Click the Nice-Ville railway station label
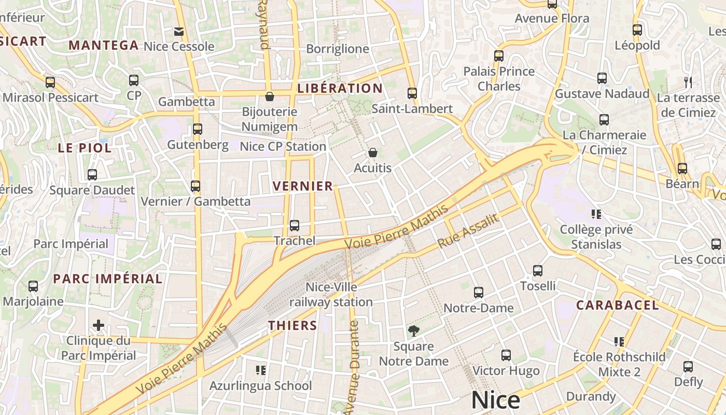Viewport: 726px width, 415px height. pyautogui.click(x=331, y=294)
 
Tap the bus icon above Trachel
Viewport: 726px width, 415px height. pyautogui.click(x=295, y=225)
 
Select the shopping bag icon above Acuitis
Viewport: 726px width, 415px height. pyautogui.click(x=372, y=153)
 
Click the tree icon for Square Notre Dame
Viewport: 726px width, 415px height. pyautogui.click(x=413, y=330)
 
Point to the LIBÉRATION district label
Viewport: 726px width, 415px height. pyautogui.click(x=340, y=88)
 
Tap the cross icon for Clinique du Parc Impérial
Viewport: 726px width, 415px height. pyautogui.click(x=99, y=325)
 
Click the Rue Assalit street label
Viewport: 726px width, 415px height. pyautogui.click(x=468, y=230)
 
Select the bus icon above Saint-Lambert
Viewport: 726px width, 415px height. pyautogui.click(x=412, y=93)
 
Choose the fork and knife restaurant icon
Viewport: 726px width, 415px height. pyautogui.click(x=688, y=82)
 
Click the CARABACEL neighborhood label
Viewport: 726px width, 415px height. pyautogui.click(x=617, y=305)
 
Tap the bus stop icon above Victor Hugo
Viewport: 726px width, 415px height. pyautogui.click(x=506, y=355)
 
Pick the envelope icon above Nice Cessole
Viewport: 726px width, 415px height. pyautogui.click(x=179, y=31)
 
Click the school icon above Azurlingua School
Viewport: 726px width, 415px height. pyautogui.click(x=261, y=370)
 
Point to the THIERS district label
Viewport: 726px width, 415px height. pyautogui.click(x=292, y=325)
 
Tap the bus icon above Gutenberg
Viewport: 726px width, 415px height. pyautogui.click(x=198, y=129)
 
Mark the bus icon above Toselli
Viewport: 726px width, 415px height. pyautogui.click(x=538, y=270)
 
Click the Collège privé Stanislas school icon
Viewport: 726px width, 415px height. pyautogui.click(x=596, y=214)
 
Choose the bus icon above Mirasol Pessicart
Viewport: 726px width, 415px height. pyautogui.click(x=50, y=82)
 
